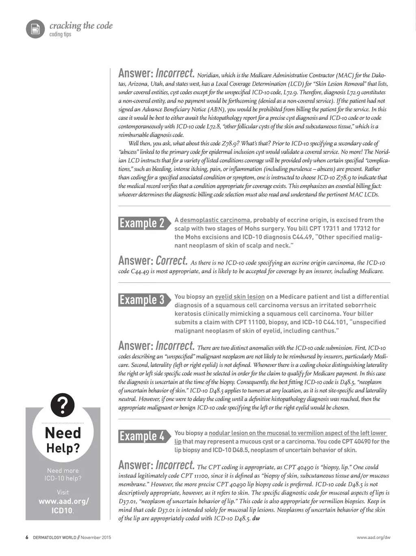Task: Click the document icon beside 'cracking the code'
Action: coord(35,29)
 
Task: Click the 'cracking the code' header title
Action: coord(81,26)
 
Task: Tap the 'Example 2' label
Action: coord(142,223)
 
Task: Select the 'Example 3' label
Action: coord(142,300)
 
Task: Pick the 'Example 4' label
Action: coord(142,436)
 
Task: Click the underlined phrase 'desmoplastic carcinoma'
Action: coord(215,220)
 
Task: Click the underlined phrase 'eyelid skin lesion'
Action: coord(240,297)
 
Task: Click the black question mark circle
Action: coord(63,405)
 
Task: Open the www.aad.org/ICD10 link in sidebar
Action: coord(63,506)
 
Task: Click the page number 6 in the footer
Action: coord(27,538)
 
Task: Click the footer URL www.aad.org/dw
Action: coord(373,538)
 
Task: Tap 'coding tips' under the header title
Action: coord(60,34)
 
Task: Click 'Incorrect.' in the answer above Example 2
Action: coord(175,73)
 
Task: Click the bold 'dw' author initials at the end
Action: coord(256,518)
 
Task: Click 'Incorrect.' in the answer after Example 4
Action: coord(175,465)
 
